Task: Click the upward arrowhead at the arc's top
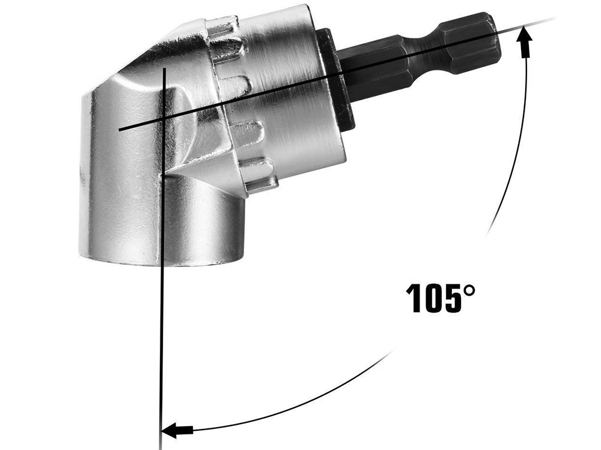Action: [x=526, y=37]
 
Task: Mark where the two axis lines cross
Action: [x=163, y=119]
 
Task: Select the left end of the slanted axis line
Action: [x=120, y=129]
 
